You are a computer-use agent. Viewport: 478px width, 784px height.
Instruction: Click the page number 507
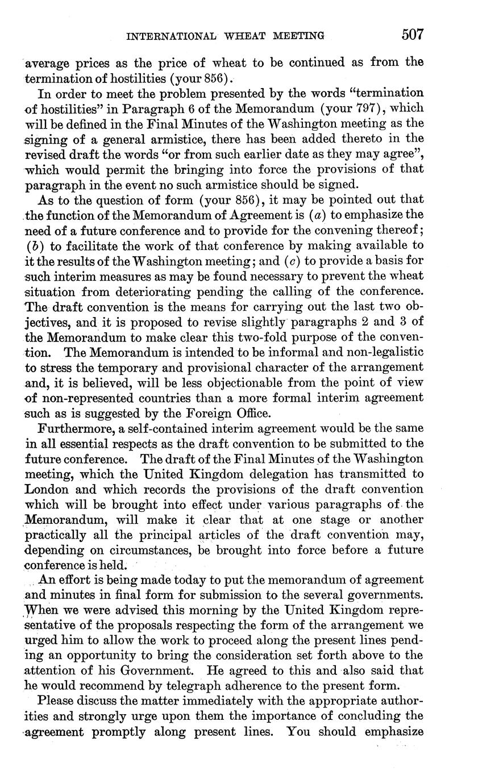coord(412,35)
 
